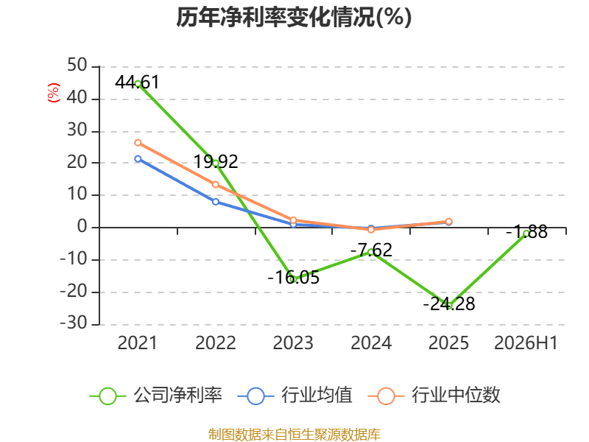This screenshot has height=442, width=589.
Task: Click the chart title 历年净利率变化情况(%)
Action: point(294,17)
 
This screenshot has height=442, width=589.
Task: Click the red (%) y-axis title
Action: point(53,93)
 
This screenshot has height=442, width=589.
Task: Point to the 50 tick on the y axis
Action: point(77,66)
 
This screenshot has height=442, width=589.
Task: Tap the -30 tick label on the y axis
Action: point(74,323)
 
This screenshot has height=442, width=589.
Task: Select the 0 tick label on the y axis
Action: point(82,227)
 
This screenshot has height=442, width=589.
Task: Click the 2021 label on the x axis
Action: point(137,343)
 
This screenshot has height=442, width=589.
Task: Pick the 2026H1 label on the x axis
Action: point(526,343)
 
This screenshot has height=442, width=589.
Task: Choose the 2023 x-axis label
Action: point(293,343)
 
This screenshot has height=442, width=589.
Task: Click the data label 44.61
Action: point(137,83)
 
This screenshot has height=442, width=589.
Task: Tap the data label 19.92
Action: point(216,162)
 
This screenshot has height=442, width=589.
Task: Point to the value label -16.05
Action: point(293,278)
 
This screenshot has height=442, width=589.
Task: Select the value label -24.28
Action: point(449,304)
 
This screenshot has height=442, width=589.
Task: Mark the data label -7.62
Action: point(371,250)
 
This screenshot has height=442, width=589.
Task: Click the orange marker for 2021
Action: point(138,143)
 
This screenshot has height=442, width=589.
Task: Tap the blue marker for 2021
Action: point(138,159)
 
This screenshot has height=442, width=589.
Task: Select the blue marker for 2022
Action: point(216,202)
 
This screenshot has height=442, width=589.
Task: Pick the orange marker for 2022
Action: point(216,185)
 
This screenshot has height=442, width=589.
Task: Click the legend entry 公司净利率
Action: point(156,396)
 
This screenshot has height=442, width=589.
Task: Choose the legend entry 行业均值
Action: point(295,396)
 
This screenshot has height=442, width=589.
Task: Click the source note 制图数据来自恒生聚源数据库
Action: point(294,435)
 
